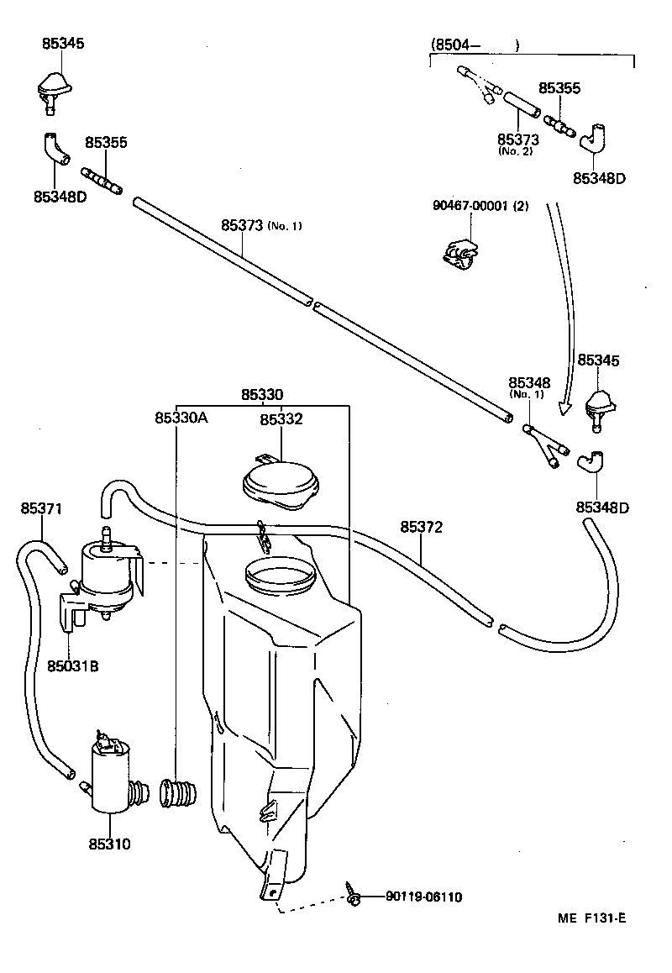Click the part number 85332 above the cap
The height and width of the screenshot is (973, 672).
281,419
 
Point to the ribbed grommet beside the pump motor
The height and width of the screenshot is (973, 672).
177,793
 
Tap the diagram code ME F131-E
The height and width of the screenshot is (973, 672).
591,918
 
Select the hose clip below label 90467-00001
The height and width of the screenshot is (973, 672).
459,253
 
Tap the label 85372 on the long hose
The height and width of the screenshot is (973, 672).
421,527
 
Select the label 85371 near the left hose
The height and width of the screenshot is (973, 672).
41,508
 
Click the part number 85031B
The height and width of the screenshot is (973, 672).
72,665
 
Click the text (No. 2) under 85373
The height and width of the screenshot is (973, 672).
515,151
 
